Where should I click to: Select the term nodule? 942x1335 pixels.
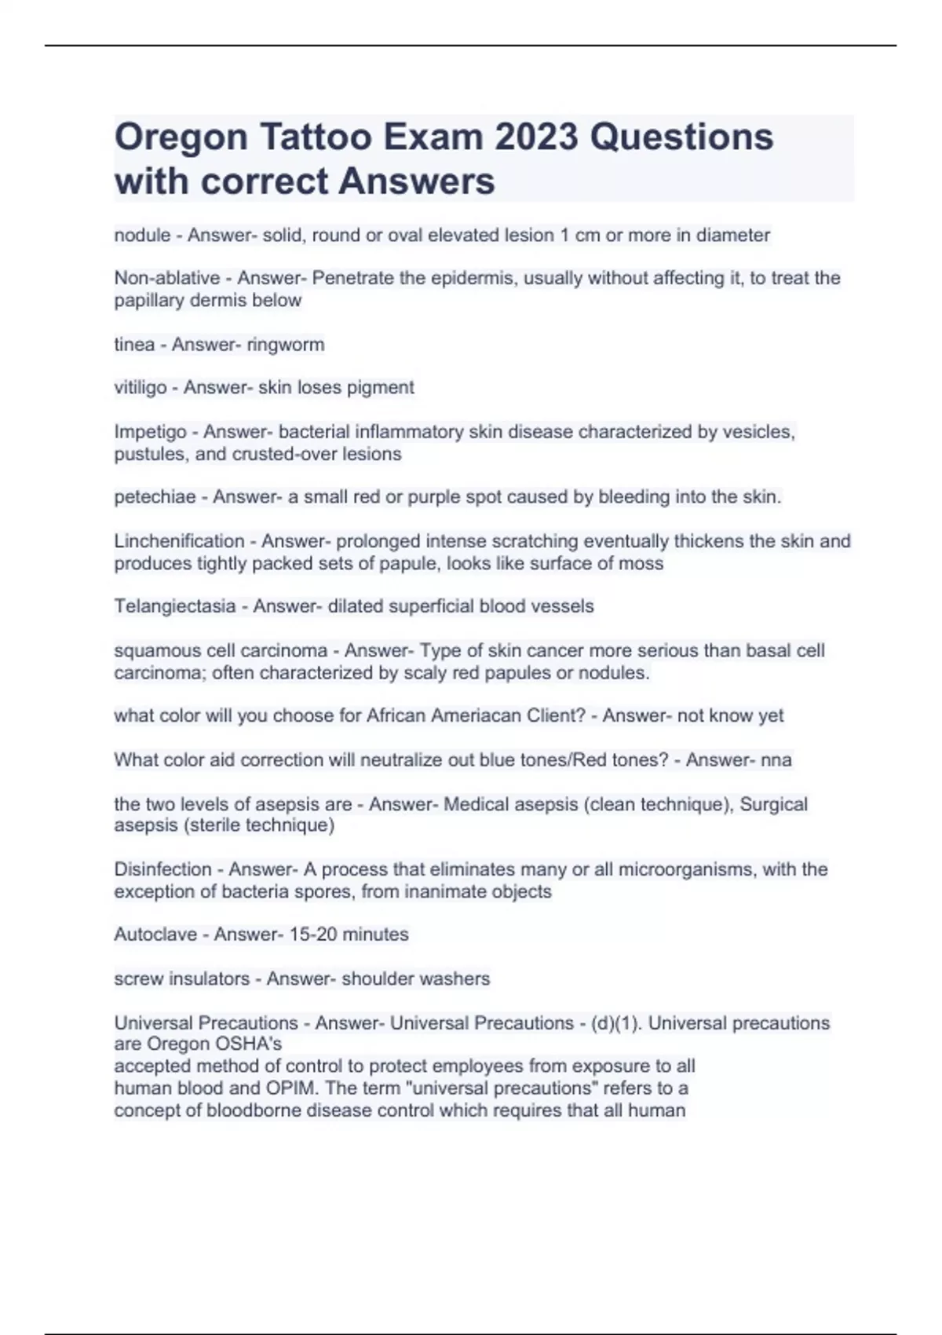(142, 235)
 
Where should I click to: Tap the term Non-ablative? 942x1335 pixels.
(166, 278)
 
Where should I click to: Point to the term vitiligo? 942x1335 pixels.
(141, 387)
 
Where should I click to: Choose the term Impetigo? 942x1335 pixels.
(150, 432)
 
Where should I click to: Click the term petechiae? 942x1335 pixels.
(155, 497)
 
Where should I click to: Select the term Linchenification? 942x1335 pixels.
(179, 541)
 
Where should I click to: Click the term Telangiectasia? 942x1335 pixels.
(174, 606)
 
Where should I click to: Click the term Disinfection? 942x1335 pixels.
(162, 869)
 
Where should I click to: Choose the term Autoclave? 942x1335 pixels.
(155, 934)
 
